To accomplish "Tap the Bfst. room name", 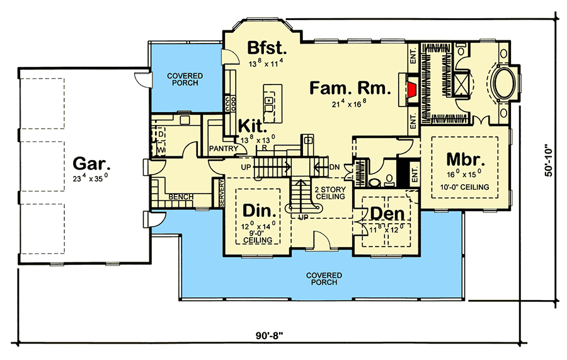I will pos(266,47).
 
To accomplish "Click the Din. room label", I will pos(257,208).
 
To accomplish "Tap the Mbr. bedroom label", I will pos(464,158).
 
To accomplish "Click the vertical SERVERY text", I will pos(221,192).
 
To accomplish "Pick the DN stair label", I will pos(334,168).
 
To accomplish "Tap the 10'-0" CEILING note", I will pos(465,187).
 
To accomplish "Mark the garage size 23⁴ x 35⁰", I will pos(91,179).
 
